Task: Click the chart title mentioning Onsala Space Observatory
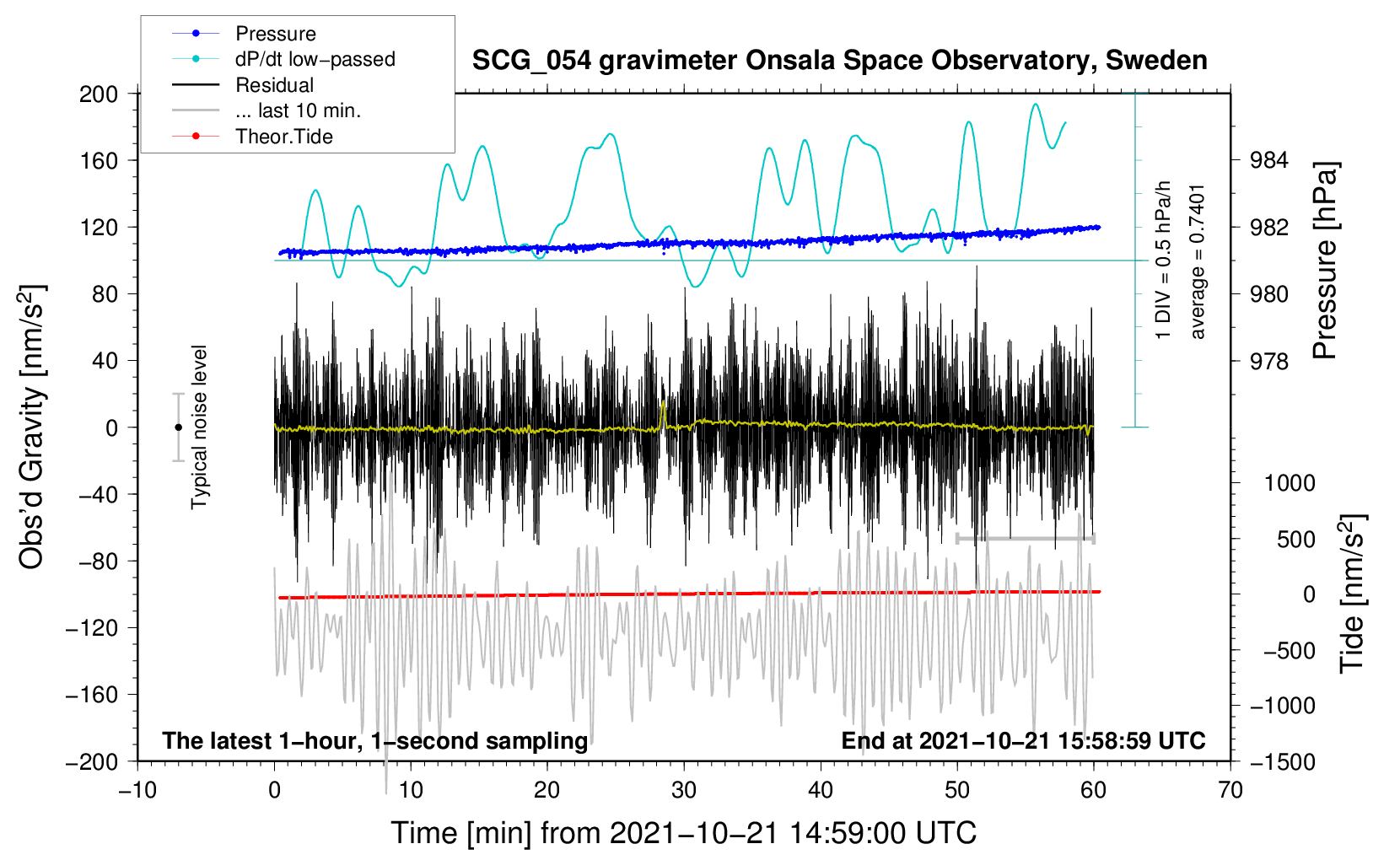point(839,61)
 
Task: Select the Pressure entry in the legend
point(275,34)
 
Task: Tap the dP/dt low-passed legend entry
point(315,59)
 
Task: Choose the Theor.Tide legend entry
point(283,137)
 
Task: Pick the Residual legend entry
point(274,85)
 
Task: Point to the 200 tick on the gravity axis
point(99,94)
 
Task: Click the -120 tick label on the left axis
point(93,628)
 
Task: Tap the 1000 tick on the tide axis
point(1290,483)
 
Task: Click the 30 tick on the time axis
point(684,790)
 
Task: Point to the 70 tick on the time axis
point(1230,790)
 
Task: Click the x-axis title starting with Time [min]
point(684,833)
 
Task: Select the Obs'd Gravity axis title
point(32,427)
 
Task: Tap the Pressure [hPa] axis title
point(1325,261)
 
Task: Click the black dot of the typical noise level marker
point(178,427)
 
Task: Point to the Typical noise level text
point(199,427)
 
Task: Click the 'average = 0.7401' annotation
point(1198,261)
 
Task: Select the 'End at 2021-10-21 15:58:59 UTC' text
point(1023,741)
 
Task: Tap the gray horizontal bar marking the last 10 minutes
point(1025,538)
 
